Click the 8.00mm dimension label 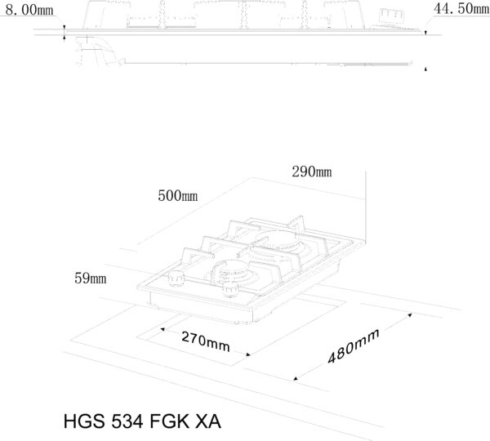coord(29,10)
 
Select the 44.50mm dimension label coord(461,8)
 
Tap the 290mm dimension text coord(312,171)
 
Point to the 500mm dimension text coord(177,196)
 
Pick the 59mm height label coord(91,278)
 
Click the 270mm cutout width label coord(206,341)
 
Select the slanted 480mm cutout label coord(354,346)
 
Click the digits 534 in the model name coord(127,421)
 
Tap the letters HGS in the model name coord(84,421)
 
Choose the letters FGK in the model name coord(170,421)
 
